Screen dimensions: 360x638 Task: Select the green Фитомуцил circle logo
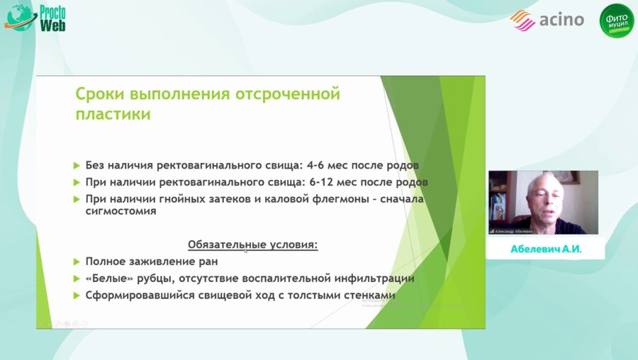(x=616, y=21)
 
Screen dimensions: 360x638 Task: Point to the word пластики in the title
(x=113, y=115)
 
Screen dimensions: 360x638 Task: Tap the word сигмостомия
(x=121, y=211)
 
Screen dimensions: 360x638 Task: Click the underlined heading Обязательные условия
(x=252, y=244)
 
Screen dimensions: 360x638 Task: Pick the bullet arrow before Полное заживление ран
(x=77, y=261)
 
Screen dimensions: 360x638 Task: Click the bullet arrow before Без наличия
(x=77, y=165)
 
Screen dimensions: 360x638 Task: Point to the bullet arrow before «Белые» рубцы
(x=77, y=279)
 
